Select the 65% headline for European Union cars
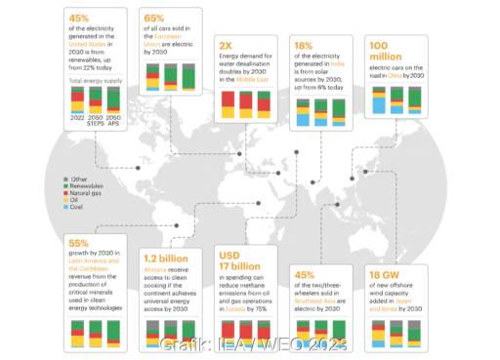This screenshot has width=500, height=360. (154, 19)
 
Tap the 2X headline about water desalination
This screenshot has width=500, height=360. (227, 46)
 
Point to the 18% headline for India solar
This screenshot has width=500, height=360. (305, 46)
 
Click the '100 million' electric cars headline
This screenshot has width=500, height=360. (383, 52)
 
